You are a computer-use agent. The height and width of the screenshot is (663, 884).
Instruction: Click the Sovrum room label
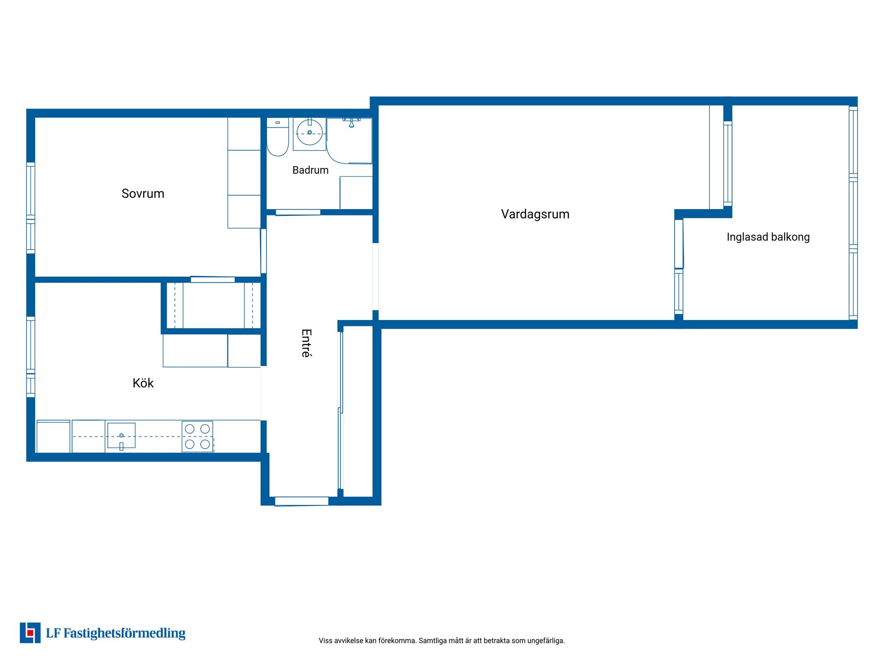(x=143, y=193)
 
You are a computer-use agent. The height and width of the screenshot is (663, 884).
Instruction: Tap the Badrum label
(x=310, y=170)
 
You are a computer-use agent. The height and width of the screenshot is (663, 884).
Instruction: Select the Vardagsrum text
(x=535, y=214)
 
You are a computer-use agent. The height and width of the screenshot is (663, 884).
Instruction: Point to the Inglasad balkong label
(x=768, y=237)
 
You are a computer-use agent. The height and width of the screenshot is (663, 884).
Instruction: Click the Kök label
(x=143, y=383)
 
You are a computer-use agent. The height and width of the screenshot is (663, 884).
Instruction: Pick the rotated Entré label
(x=307, y=343)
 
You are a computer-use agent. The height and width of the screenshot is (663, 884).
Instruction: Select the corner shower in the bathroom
(x=349, y=140)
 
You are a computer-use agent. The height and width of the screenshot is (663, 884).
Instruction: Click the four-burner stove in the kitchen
(x=197, y=436)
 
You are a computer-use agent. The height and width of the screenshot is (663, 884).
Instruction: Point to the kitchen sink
(x=122, y=436)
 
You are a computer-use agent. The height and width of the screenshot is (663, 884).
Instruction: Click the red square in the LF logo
(x=30, y=633)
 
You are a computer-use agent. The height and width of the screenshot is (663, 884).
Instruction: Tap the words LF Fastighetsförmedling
(x=116, y=634)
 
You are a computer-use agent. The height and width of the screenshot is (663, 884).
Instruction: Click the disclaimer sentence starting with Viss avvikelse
(x=442, y=640)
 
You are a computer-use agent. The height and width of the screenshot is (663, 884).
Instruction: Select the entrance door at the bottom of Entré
(x=302, y=501)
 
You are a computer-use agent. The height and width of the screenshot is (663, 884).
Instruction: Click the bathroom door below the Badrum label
(x=298, y=212)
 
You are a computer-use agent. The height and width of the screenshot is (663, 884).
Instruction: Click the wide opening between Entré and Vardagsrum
(x=376, y=276)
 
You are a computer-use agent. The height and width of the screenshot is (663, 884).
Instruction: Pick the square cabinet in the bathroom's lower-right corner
(x=356, y=192)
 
